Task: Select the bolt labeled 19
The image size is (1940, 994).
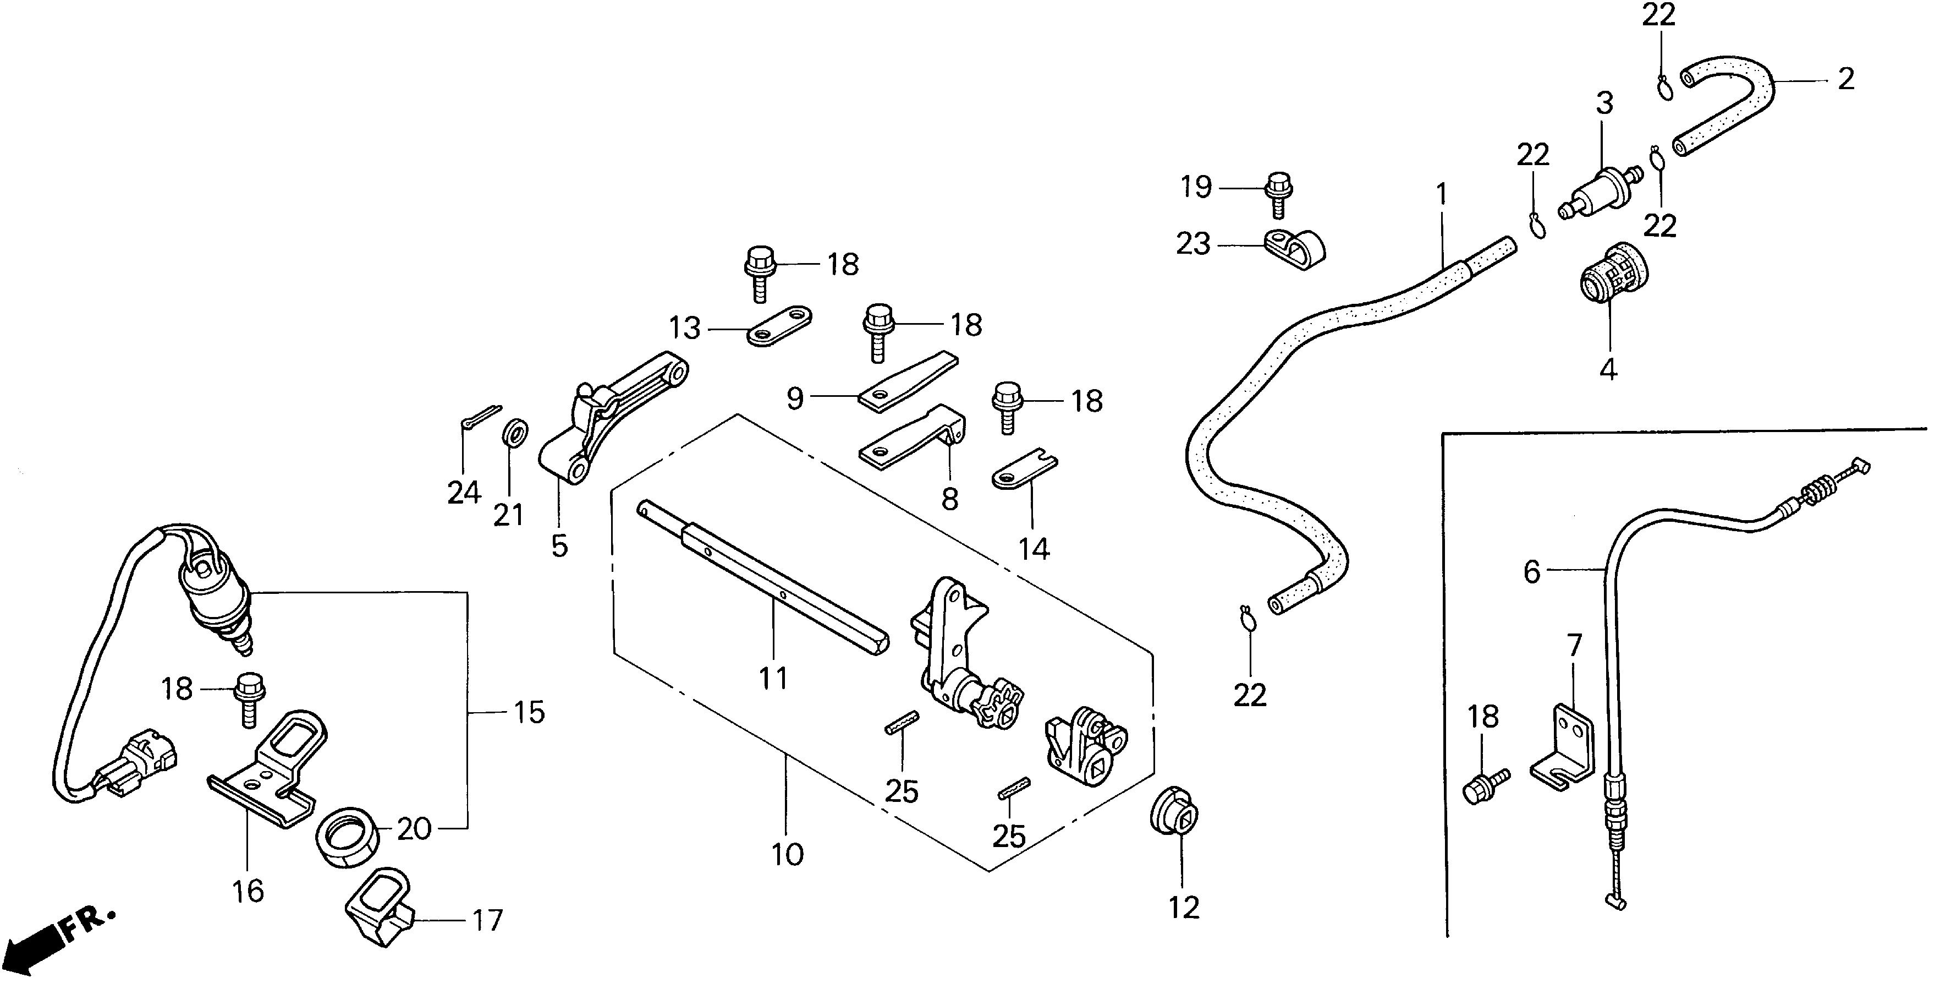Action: [1277, 193]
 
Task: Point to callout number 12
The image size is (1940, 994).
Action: [1183, 908]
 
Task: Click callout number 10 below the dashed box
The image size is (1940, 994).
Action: [787, 855]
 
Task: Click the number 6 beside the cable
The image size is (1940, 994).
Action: [1532, 572]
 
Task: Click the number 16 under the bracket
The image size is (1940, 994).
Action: [248, 892]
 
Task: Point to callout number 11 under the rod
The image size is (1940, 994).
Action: [773, 678]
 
